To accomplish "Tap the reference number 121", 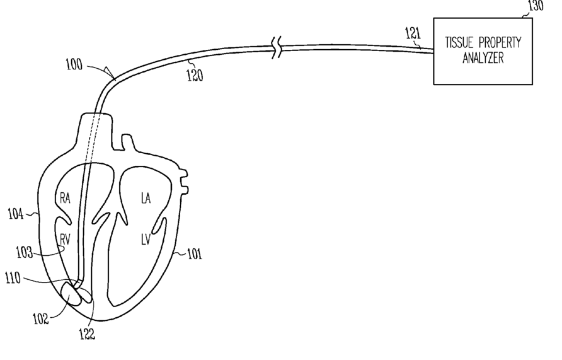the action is pyautogui.click(x=412, y=33).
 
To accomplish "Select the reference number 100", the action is pyautogui.click(x=74, y=64).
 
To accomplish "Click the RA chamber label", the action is pyautogui.click(x=66, y=198).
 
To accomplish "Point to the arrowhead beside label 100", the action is pyautogui.click(x=111, y=73).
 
